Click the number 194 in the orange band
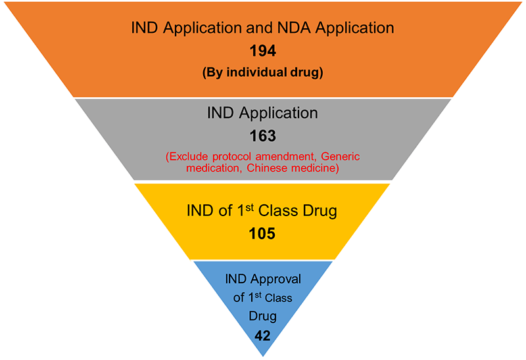[262, 51]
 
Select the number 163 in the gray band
[262, 136]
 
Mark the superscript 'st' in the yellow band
[243, 208]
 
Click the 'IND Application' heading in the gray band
[262, 113]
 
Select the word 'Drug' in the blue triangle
[262, 317]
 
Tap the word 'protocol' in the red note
[233, 156]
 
